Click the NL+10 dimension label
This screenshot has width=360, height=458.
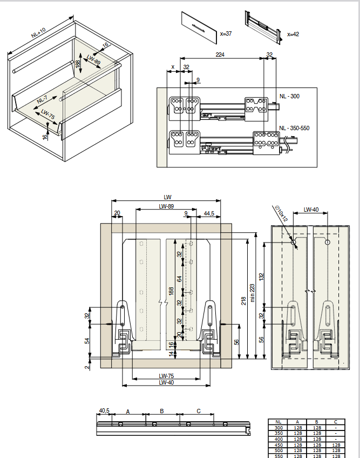pos(38,32)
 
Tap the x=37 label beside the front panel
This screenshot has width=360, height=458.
pos(226,33)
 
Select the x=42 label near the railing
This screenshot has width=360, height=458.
pos(293,34)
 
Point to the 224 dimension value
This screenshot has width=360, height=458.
pos(220,55)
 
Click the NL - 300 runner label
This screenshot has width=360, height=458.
pos(289,96)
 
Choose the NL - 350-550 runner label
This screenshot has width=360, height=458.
pos(294,128)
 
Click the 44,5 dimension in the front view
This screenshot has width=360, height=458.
pos(209,213)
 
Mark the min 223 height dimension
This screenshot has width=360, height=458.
pos(253,293)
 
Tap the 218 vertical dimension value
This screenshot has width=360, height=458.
pos(243,301)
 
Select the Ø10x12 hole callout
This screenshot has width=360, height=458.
pos(281,213)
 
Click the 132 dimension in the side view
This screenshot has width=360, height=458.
pos(261,277)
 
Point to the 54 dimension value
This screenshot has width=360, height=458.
pos(87,341)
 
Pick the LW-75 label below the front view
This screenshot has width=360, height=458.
pos(166,376)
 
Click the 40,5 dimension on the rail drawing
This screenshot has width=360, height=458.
pos(104,410)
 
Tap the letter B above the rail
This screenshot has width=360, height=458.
pos(162,411)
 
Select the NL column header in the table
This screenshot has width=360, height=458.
pos(278,422)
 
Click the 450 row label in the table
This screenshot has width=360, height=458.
pos(279,445)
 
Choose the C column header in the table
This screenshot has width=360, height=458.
pos(336,422)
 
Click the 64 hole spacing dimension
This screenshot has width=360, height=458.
pos(179,279)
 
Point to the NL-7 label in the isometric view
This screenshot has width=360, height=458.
pos(42,99)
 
